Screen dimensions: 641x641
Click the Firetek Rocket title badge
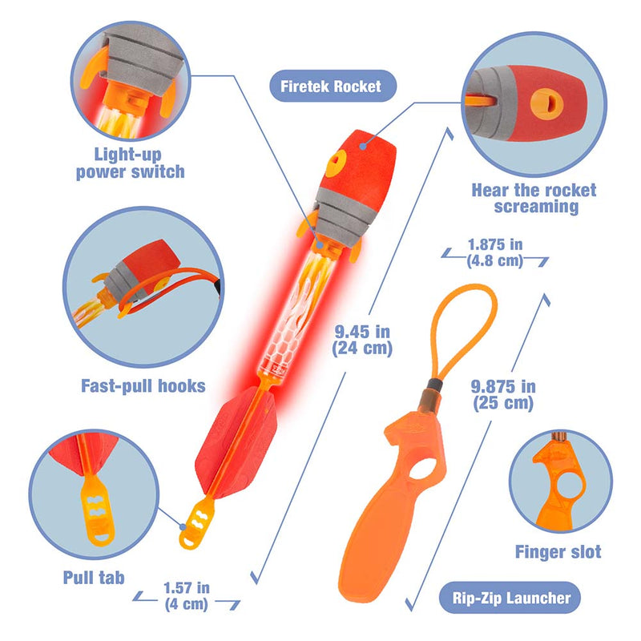pyautogui.click(x=333, y=86)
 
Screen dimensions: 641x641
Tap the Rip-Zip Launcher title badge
pyautogui.click(x=510, y=598)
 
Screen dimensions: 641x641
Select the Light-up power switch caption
pyautogui.click(x=130, y=163)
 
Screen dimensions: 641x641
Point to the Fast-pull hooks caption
pyautogui.click(x=143, y=386)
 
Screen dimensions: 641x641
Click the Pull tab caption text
pyautogui.click(x=94, y=578)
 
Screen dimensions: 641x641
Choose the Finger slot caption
pyautogui.click(x=558, y=552)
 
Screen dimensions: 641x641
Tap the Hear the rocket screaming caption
pyautogui.click(x=534, y=198)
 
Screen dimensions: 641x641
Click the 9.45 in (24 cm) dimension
pyautogui.click(x=362, y=340)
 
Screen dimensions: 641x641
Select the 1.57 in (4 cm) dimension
pyautogui.click(x=187, y=596)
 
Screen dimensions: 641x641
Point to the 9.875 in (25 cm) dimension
pyautogui.click(x=503, y=395)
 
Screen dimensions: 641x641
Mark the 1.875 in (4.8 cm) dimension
pyautogui.click(x=495, y=252)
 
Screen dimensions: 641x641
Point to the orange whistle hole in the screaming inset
pyautogui.click(x=547, y=104)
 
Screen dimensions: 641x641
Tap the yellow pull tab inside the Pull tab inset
pyautogui.click(x=97, y=510)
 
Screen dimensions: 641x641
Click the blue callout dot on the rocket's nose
pyautogui.click(x=363, y=146)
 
